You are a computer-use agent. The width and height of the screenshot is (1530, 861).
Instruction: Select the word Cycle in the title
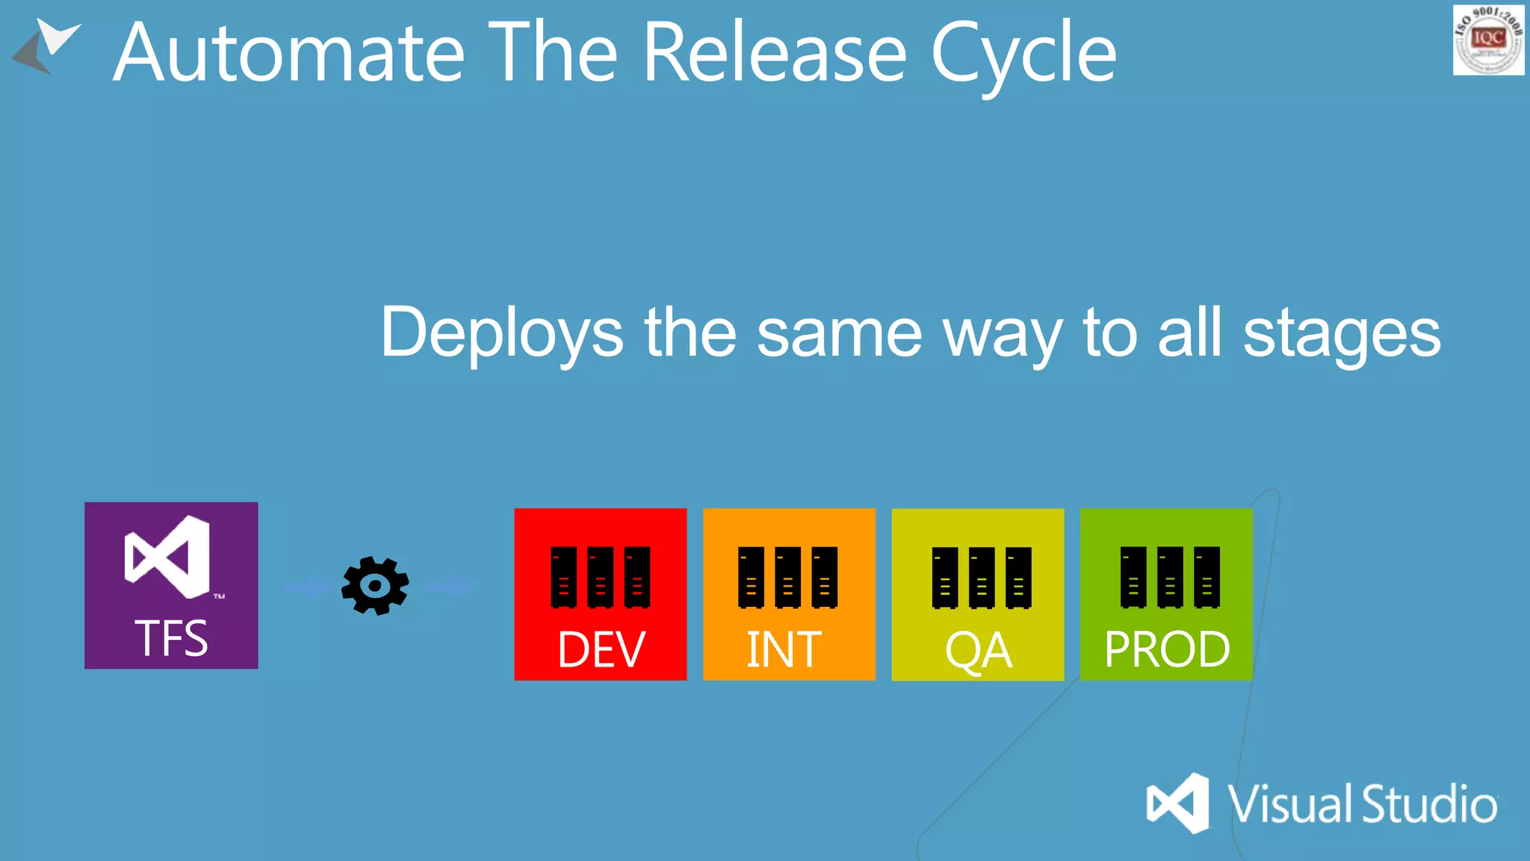coord(1023,54)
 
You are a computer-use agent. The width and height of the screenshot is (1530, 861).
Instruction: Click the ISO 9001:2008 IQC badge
coord(1488,40)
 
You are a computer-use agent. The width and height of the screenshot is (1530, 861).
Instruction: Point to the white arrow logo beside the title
coord(46,45)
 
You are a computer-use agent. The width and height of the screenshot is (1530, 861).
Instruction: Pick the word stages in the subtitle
coord(1342,333)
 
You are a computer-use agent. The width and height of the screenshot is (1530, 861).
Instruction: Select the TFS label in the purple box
coord(171,638)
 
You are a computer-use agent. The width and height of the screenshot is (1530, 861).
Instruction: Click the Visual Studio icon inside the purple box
coord(168,557)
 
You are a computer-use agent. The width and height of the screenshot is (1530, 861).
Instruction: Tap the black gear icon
coord(375,586)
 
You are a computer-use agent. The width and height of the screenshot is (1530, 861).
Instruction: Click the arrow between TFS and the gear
coord(306,587)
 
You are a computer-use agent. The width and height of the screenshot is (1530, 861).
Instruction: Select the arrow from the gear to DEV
coord(450,587)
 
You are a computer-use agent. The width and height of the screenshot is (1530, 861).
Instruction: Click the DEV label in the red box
coord(601,649)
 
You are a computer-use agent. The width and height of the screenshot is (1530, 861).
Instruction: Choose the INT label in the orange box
coord(784,649)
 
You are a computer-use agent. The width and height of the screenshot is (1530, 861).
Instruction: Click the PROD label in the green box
coord(1167,649)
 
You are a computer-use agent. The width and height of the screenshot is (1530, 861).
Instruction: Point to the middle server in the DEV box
coord(600,577)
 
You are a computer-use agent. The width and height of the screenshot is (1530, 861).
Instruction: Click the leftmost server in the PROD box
coord(1133,577)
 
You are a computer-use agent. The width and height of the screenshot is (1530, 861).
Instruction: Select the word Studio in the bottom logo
coord(1429,805)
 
